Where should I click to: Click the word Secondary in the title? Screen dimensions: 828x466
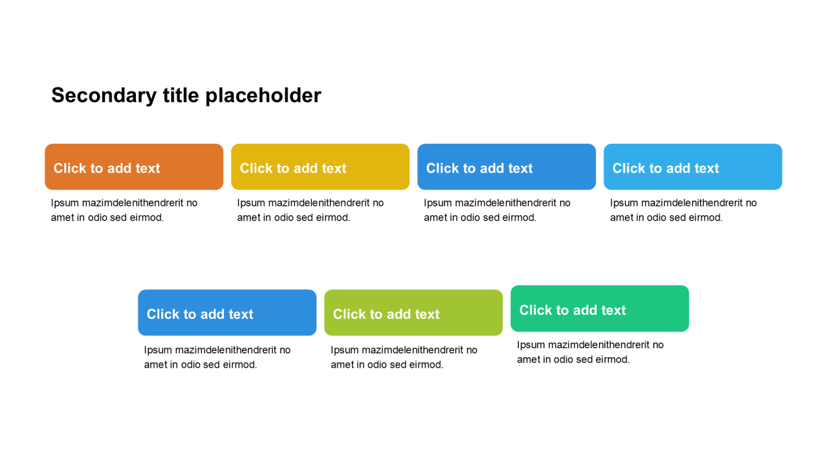[x=104, y=96]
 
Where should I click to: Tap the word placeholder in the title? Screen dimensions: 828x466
[x=263, y=96]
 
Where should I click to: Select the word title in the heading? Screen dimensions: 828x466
[x=180, y=95]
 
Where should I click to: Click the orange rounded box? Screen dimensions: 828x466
[x=134, y=167]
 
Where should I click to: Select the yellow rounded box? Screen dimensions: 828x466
[x=320, y=167]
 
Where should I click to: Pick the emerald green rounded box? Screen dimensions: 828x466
[x=600, y=309]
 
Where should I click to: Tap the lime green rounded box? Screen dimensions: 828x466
[x=413, y=313]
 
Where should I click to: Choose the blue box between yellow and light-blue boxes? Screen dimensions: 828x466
[x=507, y=167]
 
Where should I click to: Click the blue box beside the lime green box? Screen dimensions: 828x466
[x=227, y=313]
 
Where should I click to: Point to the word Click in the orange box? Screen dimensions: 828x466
[x=70, y=168]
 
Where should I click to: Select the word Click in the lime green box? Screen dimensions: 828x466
[x=349, y=314]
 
